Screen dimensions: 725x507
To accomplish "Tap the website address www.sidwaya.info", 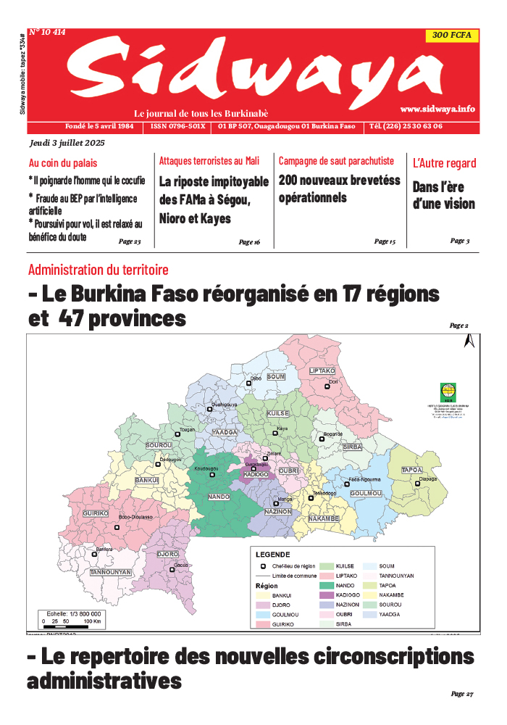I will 437,109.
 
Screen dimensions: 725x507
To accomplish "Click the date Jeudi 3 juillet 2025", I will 67,144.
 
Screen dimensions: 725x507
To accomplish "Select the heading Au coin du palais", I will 63,163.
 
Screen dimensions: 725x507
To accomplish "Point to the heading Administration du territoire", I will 99,270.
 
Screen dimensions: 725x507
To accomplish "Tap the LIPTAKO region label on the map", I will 322,370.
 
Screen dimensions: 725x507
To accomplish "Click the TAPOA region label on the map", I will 412,471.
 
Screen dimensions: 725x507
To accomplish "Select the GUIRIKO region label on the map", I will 96,513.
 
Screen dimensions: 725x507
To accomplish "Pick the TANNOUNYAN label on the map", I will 111,572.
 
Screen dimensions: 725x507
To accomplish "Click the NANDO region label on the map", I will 219,497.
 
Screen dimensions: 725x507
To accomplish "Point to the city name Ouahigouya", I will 224,404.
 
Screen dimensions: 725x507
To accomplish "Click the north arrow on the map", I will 469,343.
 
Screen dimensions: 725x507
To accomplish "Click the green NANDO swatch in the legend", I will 327,585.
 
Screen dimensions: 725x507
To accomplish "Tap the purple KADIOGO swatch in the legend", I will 327,595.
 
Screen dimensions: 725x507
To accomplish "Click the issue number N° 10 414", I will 48,33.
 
